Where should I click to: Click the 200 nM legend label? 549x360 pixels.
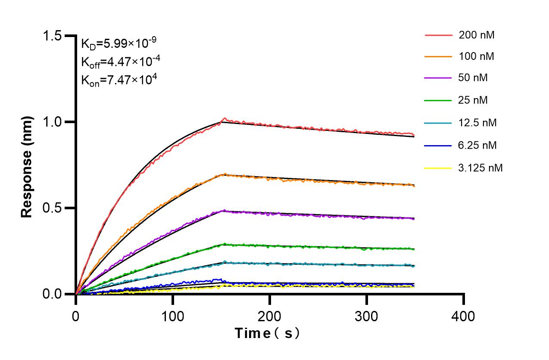tap(477, 35)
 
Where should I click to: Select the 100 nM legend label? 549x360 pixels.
tap(477, 56)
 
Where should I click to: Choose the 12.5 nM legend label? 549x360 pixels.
tap(478, 123)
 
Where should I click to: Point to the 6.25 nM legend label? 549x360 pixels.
tap(478, 145)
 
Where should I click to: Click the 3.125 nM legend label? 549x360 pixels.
tap(480, 168)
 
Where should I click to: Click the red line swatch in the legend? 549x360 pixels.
tap(438, 35)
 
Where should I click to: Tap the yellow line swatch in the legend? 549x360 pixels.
tap(438, 168)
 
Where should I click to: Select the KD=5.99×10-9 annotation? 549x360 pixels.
tap(119, 43)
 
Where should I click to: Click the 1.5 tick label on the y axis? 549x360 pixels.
tap(52, 36)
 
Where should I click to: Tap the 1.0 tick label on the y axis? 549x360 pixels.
tap(52, 122)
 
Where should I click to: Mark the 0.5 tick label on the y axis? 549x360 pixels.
tap(52, 208)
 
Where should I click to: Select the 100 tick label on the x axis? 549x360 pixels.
tap(172, 317)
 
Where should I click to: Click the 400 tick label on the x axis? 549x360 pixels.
tap(463, 317)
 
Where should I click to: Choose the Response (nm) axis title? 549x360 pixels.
tap(27, 166)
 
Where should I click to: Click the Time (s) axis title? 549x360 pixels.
tap(267, 333)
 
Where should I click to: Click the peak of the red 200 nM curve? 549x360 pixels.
tap(224, 118)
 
